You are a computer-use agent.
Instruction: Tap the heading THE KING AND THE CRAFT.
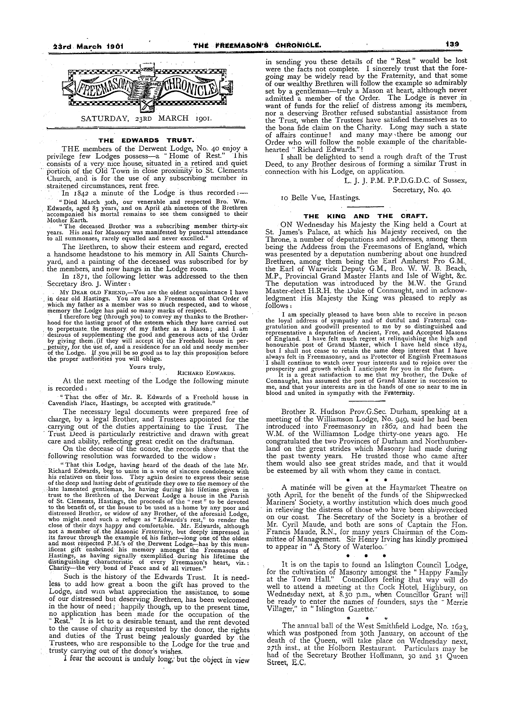366,216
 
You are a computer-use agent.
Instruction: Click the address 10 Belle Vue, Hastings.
320,198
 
